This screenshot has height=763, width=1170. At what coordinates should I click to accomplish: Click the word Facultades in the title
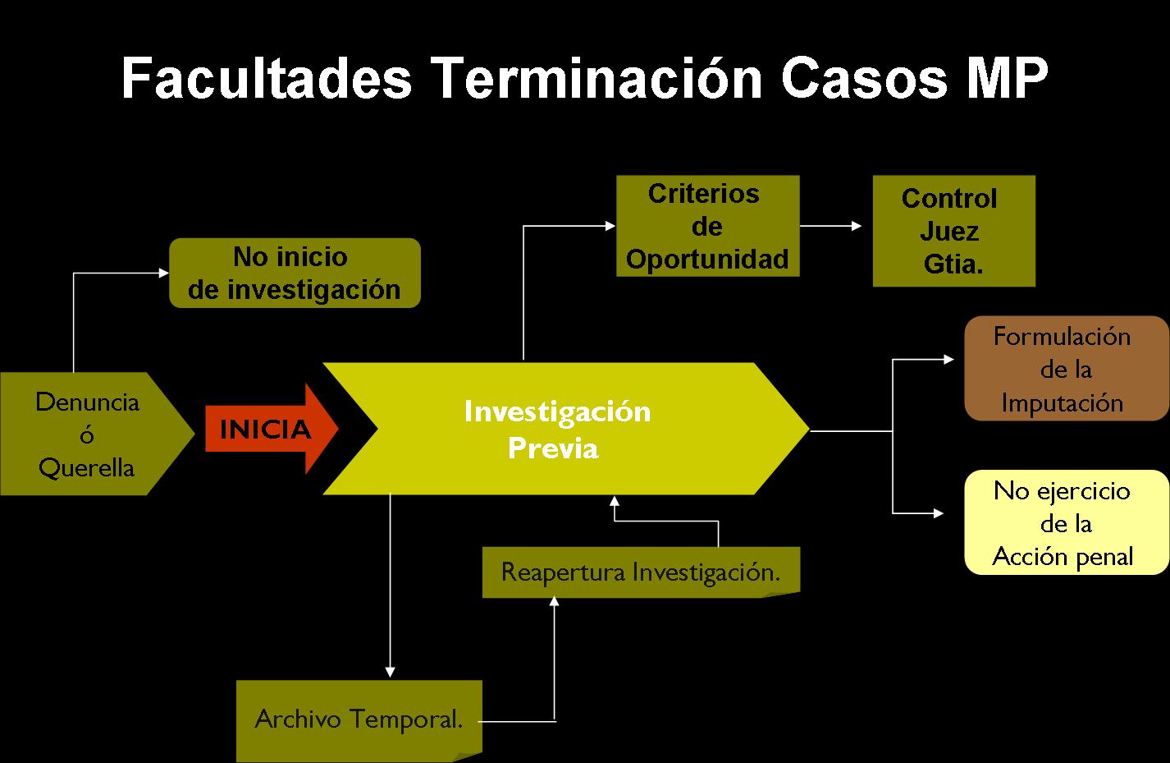coord(267,79)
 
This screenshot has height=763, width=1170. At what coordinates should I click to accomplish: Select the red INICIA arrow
coord(272,430)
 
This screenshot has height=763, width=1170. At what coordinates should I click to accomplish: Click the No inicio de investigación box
coord(295,273)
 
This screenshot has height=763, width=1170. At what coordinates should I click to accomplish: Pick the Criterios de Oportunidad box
coord(708,226)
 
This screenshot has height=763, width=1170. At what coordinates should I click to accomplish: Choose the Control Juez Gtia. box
coord(953,231)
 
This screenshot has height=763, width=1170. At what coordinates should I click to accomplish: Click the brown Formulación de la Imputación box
coord(1066,369)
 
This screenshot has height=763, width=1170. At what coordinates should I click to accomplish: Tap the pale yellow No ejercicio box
coord(1066,522)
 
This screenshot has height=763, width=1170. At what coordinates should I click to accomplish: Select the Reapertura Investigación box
coord(641,572)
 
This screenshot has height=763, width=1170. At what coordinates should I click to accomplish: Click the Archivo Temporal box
coord(359,720)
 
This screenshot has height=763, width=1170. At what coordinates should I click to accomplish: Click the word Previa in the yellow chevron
coord(553,448)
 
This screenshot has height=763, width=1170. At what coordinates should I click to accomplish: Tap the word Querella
coord(87,467)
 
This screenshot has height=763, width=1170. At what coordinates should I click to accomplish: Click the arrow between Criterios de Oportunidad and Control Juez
coord(830,226)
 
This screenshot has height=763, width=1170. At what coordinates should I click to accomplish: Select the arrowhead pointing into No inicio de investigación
coord(163,273)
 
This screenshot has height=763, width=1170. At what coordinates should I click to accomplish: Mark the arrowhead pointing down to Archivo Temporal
coord(390,672)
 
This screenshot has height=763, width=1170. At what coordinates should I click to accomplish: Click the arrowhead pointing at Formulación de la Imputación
coord(948,359)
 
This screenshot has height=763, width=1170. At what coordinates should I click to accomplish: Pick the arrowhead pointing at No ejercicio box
coord(938,513)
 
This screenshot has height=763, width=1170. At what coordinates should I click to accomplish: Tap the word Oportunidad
coord(707,260)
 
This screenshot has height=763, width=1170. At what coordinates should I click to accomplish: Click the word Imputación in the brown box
coord(1063,404)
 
